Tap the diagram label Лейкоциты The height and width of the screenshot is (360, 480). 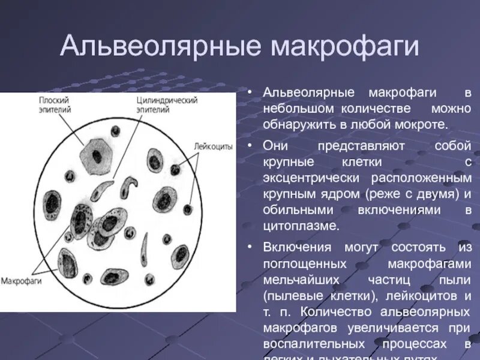(213, 146)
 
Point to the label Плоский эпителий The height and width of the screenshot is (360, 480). (55, 105)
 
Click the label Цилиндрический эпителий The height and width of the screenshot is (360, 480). (166, 105)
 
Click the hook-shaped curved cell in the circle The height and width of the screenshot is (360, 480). (127, 186)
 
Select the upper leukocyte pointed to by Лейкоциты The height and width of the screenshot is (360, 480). (175, 170)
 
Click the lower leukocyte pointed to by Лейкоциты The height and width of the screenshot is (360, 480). (188, 209)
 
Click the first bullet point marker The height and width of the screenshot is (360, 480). (248, 94)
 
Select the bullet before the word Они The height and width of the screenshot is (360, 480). (248, 146)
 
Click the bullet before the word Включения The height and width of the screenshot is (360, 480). (248, 247)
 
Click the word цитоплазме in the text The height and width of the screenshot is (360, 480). (301, 226)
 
